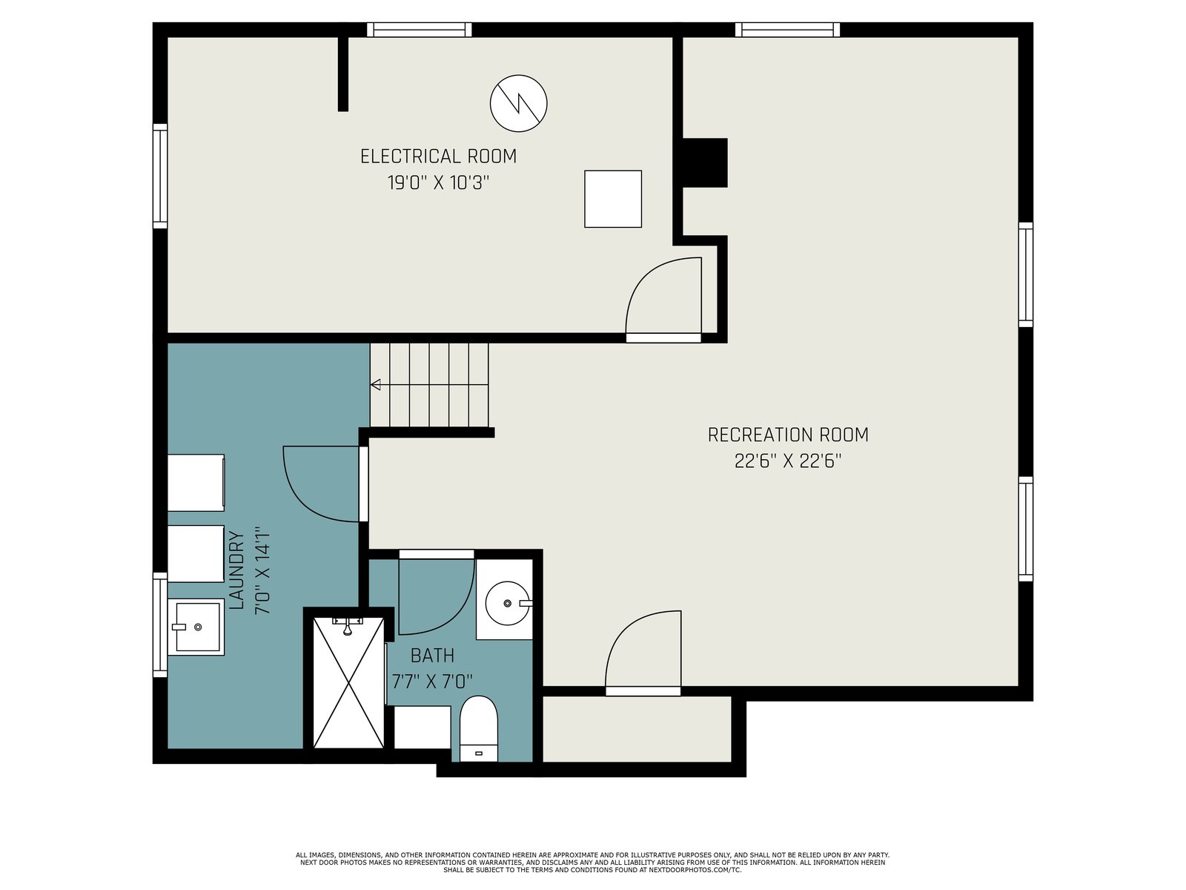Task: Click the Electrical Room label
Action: click(x=438, y=156)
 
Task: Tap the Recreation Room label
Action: click(x=788, y=435)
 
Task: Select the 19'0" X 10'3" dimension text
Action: click(x=438, y=182)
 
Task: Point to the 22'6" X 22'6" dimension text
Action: click(x=788, y=461)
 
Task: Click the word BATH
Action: click(x=432, y=656)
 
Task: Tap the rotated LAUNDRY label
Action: click(x=236, y=570)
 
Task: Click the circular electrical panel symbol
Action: click(x=518, y=103)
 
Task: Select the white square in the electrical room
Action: click(x=613, y=199)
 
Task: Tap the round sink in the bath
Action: click(x=507, y=603)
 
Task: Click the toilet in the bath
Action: click(x=478, y=728)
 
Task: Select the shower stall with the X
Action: click(x=348, y=683)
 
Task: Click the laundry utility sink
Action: click(x=196, y=627)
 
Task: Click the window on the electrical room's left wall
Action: click(x=160, y=176)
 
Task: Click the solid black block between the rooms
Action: click(x=705, y=162)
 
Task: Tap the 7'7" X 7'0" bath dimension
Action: click(x=432, y=682)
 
